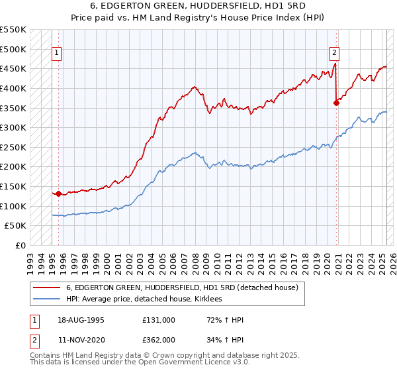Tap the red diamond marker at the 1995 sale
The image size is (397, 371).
tap(58, 194)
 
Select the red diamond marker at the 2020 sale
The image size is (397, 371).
tap(336, 102)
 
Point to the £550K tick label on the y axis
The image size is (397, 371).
tap(13, 30)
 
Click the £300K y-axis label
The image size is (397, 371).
tap(13, 127)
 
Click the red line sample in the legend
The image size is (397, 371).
tap(47, 288)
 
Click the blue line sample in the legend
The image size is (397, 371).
tap(47, 299)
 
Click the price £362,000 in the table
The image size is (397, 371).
tap(158, 340)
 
